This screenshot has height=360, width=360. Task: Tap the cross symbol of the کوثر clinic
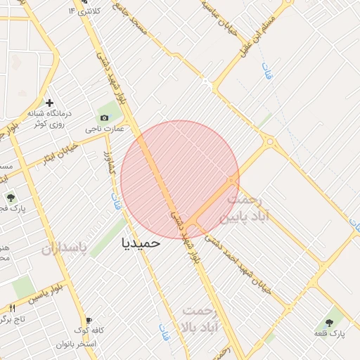click(x=49, y=102)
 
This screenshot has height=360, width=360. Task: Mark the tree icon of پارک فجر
click(x=11, y=198)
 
